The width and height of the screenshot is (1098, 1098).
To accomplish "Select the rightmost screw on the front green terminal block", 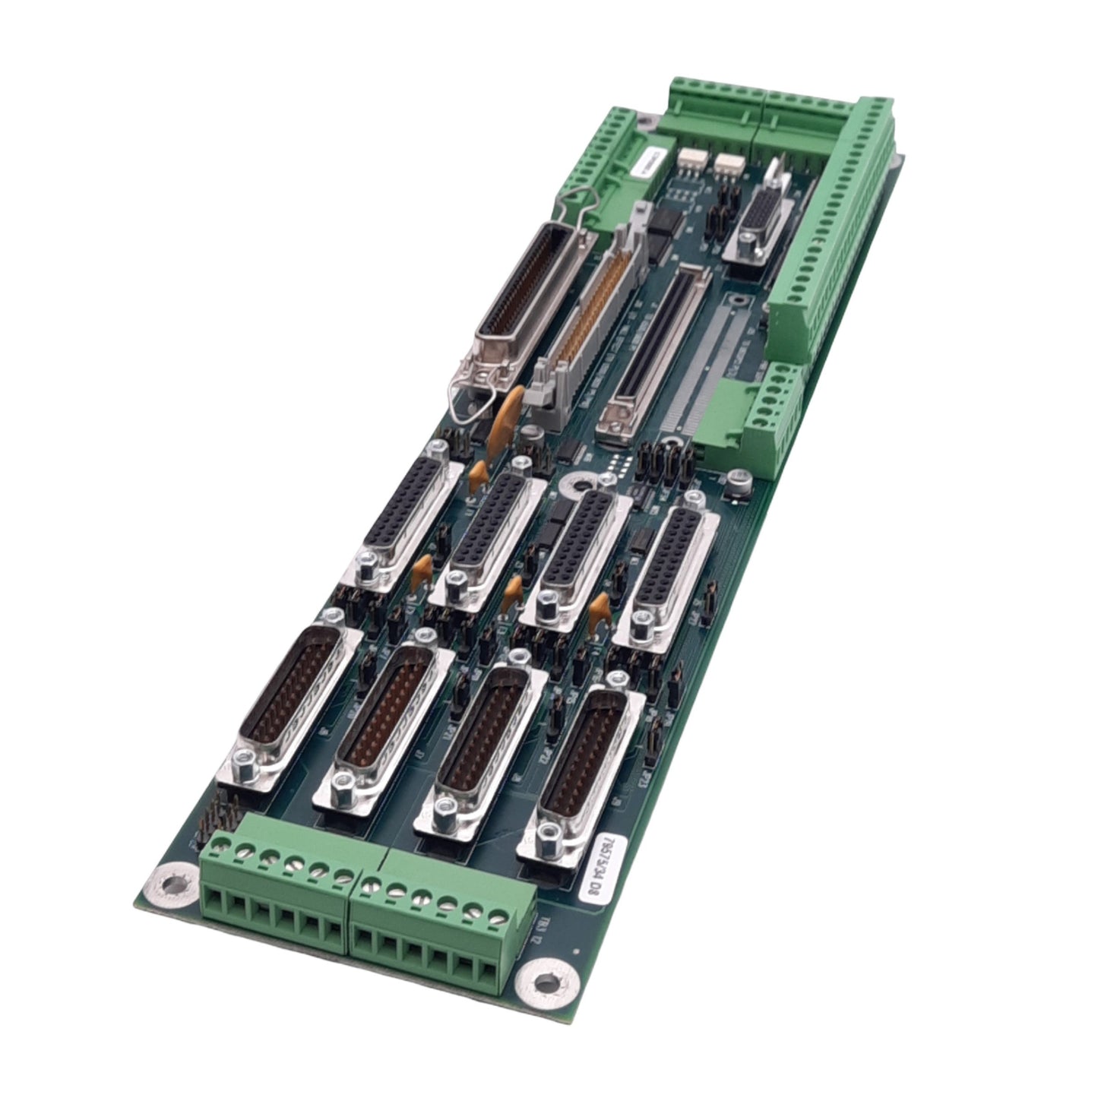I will (500, 916).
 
